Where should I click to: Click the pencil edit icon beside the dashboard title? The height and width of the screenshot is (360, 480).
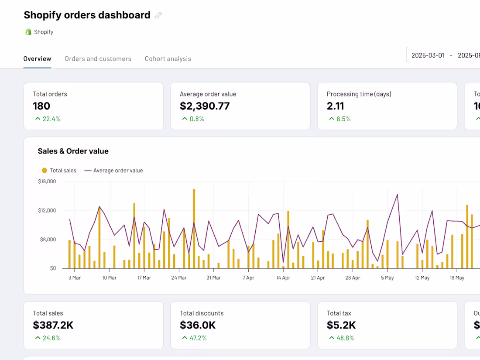coord(158,15)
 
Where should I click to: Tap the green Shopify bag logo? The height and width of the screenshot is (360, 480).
coord(28,32)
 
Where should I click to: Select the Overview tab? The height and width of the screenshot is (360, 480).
coord(37,59)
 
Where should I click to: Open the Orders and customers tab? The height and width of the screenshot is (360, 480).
coord(98,59)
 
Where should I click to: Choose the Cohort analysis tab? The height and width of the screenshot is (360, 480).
coord(168,59)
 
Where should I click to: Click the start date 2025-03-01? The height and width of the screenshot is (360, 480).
coord(428,55)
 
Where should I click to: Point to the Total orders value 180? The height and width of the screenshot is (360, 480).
coord(41,106)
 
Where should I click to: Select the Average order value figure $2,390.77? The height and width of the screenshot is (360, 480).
coord(205,106)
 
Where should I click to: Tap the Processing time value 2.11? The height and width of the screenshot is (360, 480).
coord(335,106)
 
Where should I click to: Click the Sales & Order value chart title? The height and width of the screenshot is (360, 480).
coord(73,151)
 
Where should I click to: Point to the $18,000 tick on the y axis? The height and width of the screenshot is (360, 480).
coord(47,182)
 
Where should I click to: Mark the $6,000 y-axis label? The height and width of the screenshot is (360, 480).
coord(47,239)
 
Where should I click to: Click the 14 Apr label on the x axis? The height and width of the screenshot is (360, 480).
coord(283,278)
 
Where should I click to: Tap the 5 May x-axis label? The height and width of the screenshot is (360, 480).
coord(387,278)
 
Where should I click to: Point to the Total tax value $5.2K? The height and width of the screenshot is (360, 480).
coord(341,325)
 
